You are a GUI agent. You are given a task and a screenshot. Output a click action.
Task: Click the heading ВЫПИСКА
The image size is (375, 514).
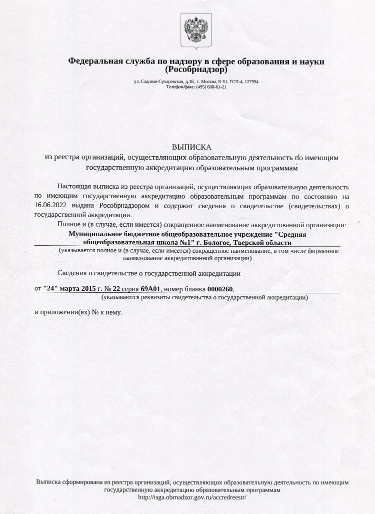pos(192,147)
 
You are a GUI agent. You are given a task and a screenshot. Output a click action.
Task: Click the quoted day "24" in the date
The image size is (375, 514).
pos(52,289)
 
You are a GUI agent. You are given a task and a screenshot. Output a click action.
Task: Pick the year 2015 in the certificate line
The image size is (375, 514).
pos(88,289)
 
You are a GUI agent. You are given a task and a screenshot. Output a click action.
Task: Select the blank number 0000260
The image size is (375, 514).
pos(220,289)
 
